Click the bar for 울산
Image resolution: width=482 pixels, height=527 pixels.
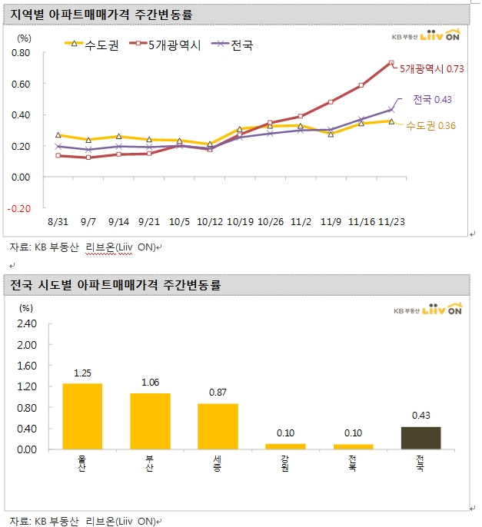pos(82,416)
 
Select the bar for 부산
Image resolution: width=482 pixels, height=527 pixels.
pos(150,421)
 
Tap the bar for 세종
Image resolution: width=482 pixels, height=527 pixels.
pos(218,426)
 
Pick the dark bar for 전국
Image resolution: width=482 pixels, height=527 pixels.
pos(421,437)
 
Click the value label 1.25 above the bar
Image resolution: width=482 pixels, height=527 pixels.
pos(82,373)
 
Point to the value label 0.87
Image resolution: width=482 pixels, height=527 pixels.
pos(218,393)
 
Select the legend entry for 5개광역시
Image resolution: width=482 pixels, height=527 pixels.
pos(172,45)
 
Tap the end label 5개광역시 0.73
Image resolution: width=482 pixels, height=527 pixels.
pos(432,69)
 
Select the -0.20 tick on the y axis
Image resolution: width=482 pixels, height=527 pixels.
pos(21,208)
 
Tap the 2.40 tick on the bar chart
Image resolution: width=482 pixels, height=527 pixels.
pos(26,323)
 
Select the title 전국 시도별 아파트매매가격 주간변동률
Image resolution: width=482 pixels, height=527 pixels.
pos(115,285)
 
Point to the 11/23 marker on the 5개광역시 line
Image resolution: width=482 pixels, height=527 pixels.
pos(391,63)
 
